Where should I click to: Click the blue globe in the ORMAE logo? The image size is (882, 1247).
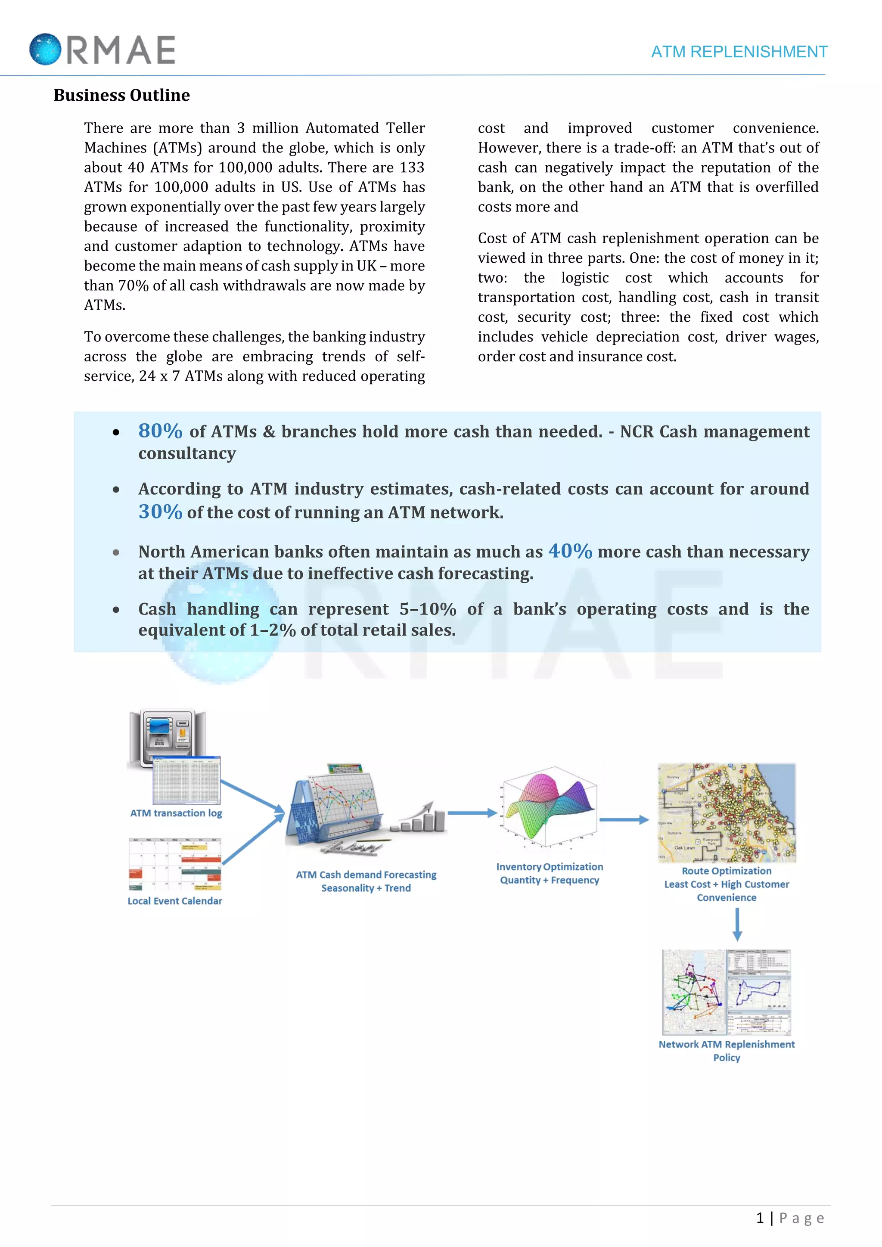click(45, 50)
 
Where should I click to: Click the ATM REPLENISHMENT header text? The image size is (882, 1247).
click(739, 52)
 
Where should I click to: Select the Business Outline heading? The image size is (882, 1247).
click(121, 95)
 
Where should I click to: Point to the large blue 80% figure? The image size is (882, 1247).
click(160, 431)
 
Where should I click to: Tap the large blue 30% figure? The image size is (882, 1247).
click(160, 512)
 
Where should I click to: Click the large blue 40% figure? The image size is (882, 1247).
click(570, 551)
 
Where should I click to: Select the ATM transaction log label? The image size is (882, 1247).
click(176, 813)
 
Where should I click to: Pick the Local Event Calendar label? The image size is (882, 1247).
click(175, 901)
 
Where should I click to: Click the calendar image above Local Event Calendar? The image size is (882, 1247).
click(175, 864)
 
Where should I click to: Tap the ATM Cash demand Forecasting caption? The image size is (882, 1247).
click(366, 875)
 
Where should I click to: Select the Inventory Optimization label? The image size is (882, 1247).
click(550, 867)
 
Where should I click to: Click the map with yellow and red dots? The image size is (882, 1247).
click(727, 813)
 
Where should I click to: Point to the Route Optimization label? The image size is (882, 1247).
click(727, 871)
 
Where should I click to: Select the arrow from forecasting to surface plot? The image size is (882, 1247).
click(472, 813)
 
